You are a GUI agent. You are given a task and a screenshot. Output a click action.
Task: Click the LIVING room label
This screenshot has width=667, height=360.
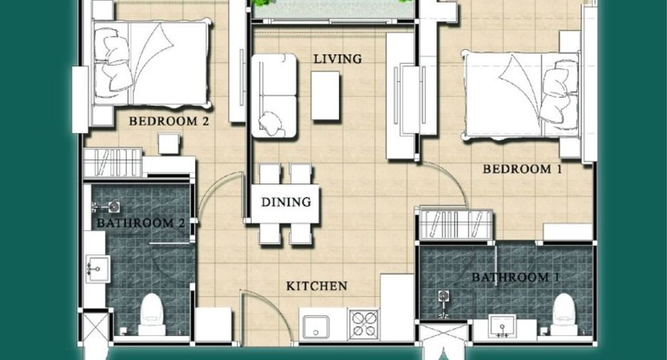click(338, 58)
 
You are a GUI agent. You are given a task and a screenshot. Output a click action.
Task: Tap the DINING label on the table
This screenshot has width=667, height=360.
click(286, 202)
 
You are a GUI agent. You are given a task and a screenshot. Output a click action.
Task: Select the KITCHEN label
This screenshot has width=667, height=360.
click(316, 286)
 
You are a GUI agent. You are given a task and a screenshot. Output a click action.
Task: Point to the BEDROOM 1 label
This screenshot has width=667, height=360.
click(522, 170)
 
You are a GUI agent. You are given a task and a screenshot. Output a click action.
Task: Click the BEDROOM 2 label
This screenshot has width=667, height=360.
click(169, 121)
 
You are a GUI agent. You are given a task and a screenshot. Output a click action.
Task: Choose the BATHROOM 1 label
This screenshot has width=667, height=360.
click(515, 277)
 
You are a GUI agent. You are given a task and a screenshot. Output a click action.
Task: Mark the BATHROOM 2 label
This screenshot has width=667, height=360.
click(141, 223)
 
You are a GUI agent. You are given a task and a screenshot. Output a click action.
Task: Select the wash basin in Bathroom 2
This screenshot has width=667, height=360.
click(98, 269)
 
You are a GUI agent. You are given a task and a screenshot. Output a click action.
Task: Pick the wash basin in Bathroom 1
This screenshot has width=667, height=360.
click(502, 326)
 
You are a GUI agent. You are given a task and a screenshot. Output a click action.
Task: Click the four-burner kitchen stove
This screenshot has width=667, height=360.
click(363, 324)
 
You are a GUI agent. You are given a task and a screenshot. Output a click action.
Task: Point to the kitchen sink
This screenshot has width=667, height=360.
click(315, 326)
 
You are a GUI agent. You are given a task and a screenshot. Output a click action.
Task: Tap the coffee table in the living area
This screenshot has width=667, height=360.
click(325, 96)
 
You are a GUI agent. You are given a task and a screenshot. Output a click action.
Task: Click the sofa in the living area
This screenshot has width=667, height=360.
click(274, 96)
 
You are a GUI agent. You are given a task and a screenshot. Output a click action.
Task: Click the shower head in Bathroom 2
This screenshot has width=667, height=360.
click(108, 207)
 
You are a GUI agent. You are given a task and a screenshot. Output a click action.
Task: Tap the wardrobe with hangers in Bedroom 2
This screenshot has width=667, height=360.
click(113, 162)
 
